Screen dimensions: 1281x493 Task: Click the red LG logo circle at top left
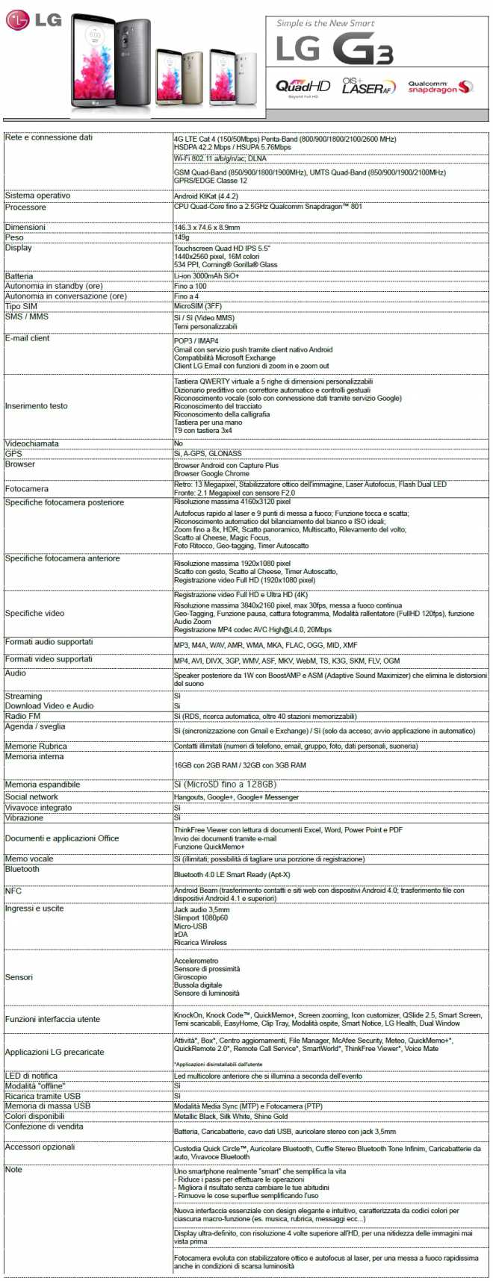pyautogui.click(x=18, y=19)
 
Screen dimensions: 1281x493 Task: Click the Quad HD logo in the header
pyautogui.click(x=303, y=87)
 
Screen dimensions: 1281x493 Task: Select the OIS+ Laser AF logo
pyautogui.click(x=368, y=86)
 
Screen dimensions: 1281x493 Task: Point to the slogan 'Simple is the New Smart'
pyautogui.click(x=326, y=23)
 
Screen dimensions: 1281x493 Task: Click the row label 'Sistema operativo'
pyautogui.click(x=38, y=196)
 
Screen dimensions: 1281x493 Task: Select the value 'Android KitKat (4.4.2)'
pyautogui.click(x=206, y=196)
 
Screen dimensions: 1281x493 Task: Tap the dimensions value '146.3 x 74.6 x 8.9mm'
pyautogui.click(x=207, y=228)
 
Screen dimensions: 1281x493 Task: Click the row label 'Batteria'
pyautogui.click(x=19, y=276)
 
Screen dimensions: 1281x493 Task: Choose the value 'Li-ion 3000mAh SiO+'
pyautogui.click(x=206, y=276)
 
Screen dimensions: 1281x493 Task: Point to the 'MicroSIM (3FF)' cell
pyautogui.click(x=198, y=306)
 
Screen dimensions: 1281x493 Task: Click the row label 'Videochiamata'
pyautogui.click(x=32, y=443)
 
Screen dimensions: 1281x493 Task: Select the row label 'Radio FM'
pyautogui.click(x=23, y=716)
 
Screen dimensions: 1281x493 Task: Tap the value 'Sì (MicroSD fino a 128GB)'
pyautogui.click(x=225, y=785)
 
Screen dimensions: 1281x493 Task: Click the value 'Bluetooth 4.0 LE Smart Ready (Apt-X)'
pyautogui.click(x=232, y=874)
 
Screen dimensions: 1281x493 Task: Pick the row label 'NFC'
pyautogui.click(x=13, y=891)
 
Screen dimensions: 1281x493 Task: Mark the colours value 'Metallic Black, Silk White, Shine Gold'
pyautogui.click(x=231, y=1117)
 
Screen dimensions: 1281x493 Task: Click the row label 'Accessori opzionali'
pyautogui.click(x=40, y=1147)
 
